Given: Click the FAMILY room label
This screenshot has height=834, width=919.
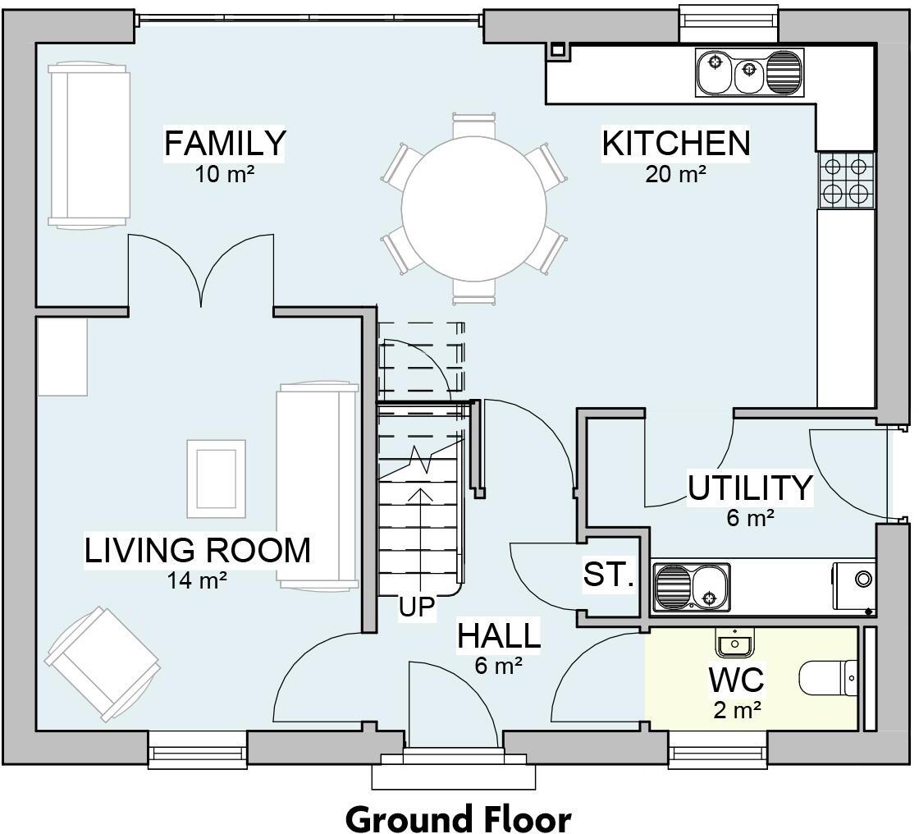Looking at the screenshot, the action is (x=225, y=143).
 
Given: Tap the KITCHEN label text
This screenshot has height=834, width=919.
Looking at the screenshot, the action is (x=676, y=143).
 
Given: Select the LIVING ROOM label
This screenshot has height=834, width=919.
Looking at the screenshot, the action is (x=198, y=550).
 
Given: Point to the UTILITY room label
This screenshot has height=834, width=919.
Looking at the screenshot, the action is (x=750, y=488).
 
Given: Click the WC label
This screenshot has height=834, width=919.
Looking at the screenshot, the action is (x=737, y=680).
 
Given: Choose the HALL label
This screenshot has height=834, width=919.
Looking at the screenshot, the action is (x=499, y=636).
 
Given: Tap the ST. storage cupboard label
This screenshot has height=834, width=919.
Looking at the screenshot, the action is (x=608, y=575).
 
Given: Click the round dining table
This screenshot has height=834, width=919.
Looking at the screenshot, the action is (x=474, y=208).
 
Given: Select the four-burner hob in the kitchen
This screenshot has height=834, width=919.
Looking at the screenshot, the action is (x=846, y=181).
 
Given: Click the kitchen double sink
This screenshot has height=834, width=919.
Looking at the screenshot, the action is (x=750, y=73).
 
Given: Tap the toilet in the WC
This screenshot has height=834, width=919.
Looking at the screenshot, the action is (x=829, y=680).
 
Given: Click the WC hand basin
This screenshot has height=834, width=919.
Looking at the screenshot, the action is (x=734, y=643).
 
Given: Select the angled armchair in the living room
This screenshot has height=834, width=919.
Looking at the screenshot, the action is (x=103, y=664).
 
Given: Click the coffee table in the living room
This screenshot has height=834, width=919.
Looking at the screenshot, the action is (x=217, y=479).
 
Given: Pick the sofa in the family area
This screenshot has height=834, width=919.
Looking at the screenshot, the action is (x=89, y=144).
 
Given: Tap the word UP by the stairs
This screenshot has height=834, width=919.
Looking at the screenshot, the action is (x=418, y=607).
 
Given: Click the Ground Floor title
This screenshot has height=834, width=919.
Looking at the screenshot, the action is (x=459, y=818).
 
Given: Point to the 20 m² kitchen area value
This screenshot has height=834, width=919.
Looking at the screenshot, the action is (x=676, y=174).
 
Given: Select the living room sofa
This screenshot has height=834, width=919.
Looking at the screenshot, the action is (x=318, y=486).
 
